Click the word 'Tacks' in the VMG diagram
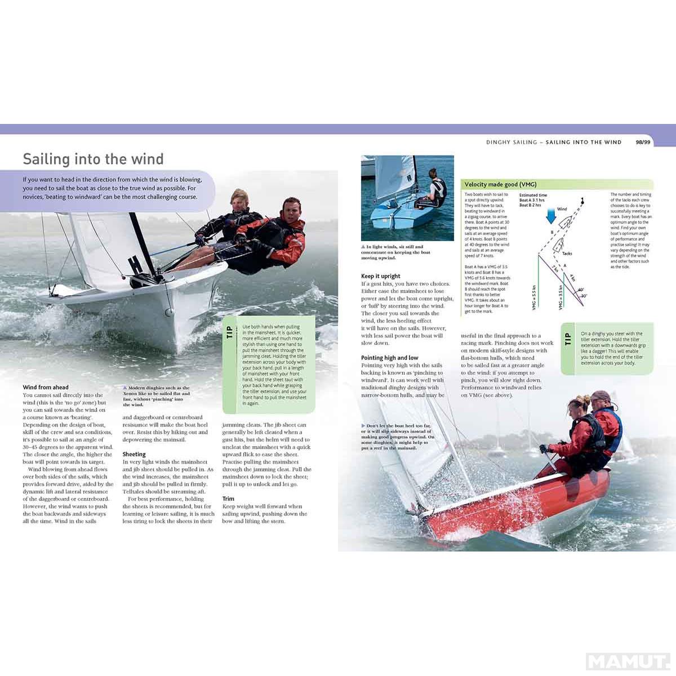(x=567, y=253)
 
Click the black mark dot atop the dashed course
(x=582, y=200)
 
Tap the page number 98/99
(x=643, y=143)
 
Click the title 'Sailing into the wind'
(x=93, y=159)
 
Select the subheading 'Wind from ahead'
(x=46, y=387)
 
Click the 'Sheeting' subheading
(x=134, y=454)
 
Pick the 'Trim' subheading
(x=228, y=499)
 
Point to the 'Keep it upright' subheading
(x=381, y=276)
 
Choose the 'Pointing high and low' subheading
(x=390, y=358)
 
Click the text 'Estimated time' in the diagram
(x=533, y=195)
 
